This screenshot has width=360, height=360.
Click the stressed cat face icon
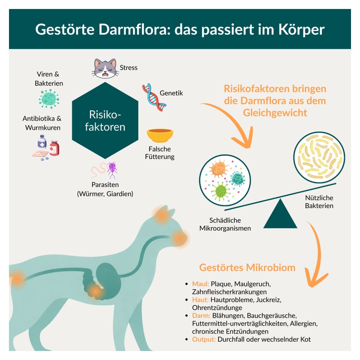[x=105, y=69]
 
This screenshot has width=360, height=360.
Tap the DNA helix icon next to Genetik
[x=154, y=97]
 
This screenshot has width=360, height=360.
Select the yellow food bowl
[x=160, y=135]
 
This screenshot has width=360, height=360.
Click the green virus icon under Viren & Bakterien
[x=49, y=99]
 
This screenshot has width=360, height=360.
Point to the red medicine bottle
[x=54, y=148]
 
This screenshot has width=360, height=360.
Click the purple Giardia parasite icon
[x=112, y=170]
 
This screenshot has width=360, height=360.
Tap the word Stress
[x=129, y=68]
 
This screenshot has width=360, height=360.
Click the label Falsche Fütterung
[x=160, y=153]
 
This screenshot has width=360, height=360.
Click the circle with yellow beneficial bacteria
[x=319, y=158]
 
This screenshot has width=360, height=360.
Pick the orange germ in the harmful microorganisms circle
[x=218, y=169]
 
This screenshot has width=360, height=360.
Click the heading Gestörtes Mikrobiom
[x=247, y=267]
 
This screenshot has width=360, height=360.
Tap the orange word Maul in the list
[x=201, y=284]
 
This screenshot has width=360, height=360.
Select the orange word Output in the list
[x=204, y=339]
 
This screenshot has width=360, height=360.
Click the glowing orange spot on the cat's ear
[x=162, y=215]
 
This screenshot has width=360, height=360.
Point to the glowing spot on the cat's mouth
[x=179, y=239]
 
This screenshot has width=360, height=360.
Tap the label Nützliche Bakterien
[x=319, y=201]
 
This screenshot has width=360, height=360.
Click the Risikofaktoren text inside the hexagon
[x=105, y=121]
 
